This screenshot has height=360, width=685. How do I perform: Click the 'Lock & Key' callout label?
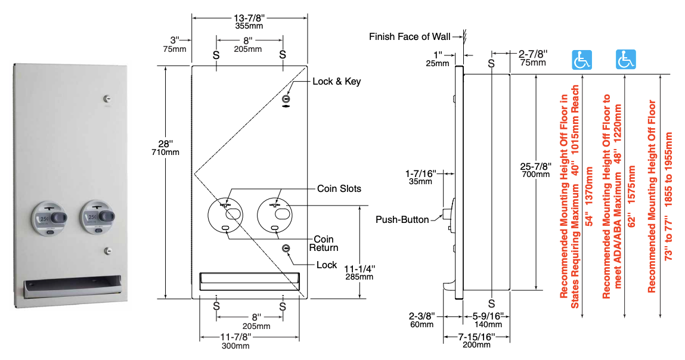click(x=336, y=81)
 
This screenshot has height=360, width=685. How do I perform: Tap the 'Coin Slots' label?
click(x=339, y=189)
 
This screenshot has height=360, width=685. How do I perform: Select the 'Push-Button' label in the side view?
click(x=402, y=219)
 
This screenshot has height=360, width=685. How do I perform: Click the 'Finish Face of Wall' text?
click(x=410, y=37)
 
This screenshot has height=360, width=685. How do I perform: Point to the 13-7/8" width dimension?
click(x=249, y=18)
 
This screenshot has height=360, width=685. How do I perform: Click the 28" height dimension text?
click(x=166, y=144)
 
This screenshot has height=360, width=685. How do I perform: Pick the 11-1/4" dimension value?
click(x=359, y=269)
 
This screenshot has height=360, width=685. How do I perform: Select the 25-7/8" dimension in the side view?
click(x=535, y=166)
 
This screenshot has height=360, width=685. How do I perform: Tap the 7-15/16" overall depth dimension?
click(x=476, y=337)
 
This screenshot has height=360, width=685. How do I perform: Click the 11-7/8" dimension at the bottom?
click(x=235, y=337)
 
